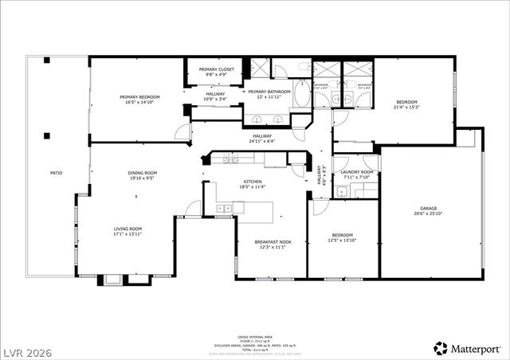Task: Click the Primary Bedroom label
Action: [139, 96]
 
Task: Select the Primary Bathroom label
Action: [269, 92]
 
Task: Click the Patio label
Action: [56, 173]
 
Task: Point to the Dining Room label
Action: [143, 173]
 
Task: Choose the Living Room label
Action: [127, 229]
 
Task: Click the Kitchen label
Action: [252, 182]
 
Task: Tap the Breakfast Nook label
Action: [272, 242]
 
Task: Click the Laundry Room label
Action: [357, 172]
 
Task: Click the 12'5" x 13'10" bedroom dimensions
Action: [343, 241]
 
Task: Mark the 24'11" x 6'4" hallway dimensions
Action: [261, 142]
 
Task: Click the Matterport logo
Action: [467, 348]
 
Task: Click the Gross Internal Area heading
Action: [254, 337]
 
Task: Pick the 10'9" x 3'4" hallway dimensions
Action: [216, 100]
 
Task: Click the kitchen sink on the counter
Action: [223, 208]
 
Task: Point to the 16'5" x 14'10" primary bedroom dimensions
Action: [139, 102]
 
